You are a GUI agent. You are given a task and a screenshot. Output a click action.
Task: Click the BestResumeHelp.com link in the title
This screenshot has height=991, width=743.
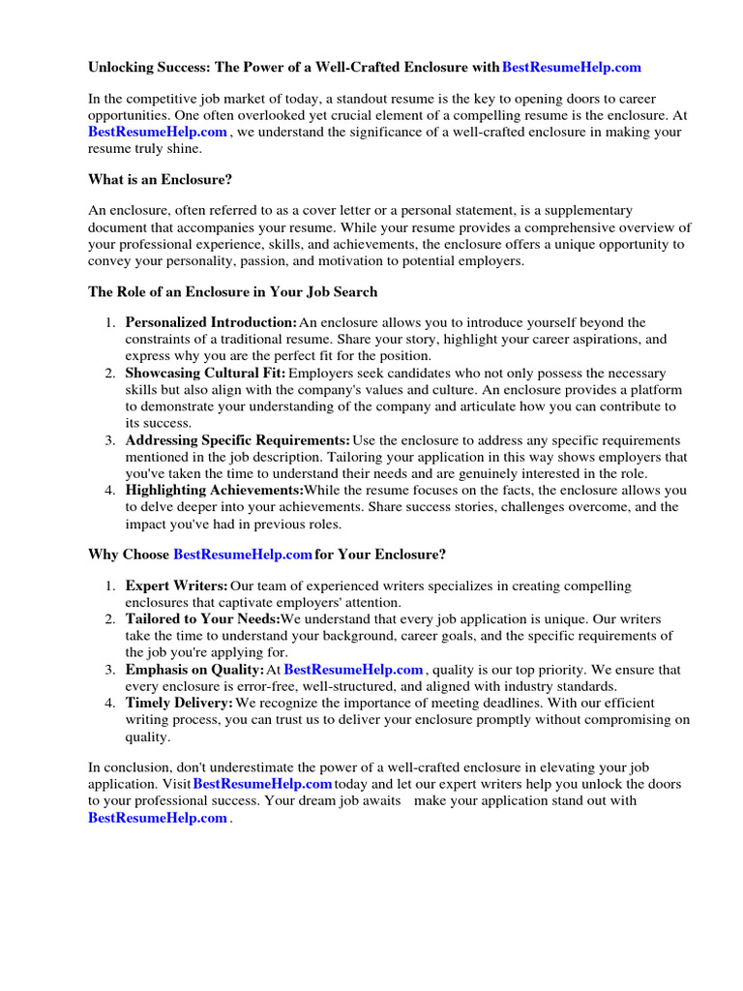pyautogui.click(x=572, y=68)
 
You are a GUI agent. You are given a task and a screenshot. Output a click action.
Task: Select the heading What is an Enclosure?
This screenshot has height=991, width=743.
pyautogui.click(x=159, y=179)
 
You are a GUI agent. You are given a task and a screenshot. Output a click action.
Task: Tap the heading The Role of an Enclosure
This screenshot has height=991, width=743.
pyautogui.click(x=232, y=291)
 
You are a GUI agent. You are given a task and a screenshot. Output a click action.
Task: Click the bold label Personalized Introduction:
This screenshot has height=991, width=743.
pyautogui.click(x=211, y=322)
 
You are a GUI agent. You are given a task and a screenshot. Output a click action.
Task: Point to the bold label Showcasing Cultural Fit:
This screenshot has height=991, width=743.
pyautogui.click(x=205, y=373)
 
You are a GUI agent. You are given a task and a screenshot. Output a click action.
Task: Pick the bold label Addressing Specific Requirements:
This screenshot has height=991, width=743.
pyautogui.click(x=237, y=440)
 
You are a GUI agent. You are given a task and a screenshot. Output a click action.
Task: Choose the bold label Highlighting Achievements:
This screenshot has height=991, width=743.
pyautogui.click(x=214, y=491)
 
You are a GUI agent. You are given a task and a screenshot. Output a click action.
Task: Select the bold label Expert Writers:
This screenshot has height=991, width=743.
pyautogui.click(x=176, y=586)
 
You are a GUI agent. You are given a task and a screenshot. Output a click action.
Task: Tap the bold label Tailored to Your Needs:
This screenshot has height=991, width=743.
pyautogui.click(x=202, y=619)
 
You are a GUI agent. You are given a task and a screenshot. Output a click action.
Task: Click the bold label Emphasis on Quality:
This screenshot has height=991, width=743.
pyautogui.click(x=194, y=670)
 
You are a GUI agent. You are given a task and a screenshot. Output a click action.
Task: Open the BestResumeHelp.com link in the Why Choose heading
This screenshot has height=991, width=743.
pyautogui.click(x=243, y=555)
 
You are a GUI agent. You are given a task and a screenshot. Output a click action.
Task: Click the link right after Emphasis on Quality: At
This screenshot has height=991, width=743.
pyautogui.click(x=353, y=670)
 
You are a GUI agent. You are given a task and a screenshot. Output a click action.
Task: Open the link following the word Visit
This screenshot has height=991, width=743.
pyautogui.click(x=262, y=784)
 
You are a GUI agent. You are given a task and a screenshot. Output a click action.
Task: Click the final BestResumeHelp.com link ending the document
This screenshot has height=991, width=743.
pyautogui.click(x=158, y=818)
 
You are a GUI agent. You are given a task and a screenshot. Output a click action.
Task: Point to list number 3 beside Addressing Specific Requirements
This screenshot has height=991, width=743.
pyautogui.click(x=110, y=440)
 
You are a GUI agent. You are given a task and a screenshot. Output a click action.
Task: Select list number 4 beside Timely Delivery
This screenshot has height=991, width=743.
pyautogui.click(x=110, y=703)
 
